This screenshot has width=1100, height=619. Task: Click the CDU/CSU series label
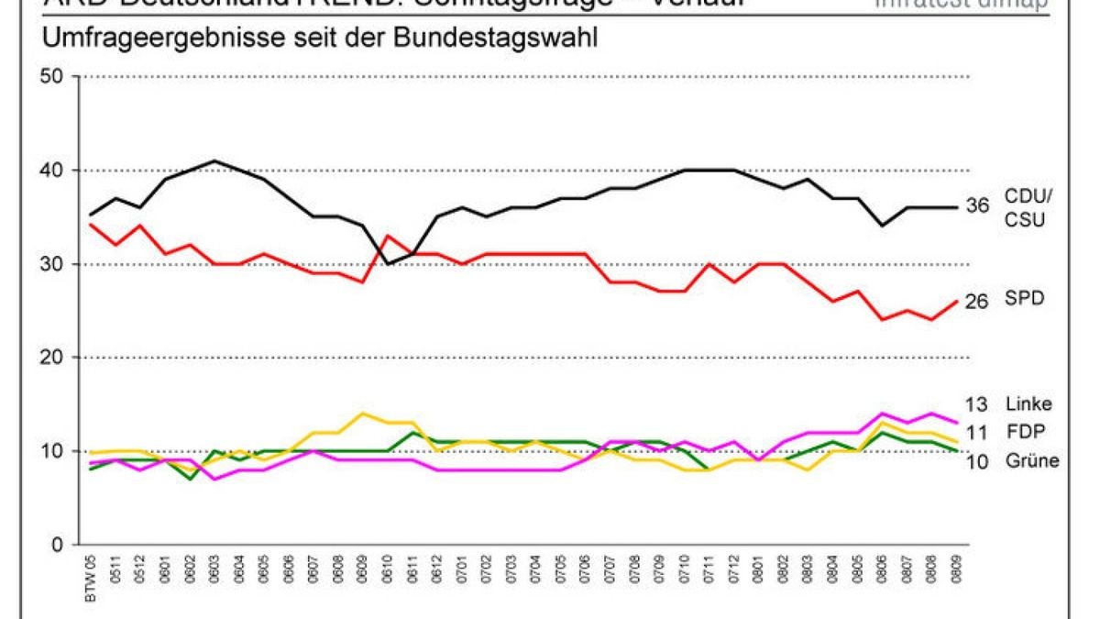click(x=1030, y=208)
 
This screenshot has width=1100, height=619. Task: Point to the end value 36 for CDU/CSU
click(x=977, y=206)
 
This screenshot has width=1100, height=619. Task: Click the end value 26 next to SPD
click(x=977, y=301)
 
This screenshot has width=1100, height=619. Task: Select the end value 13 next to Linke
click(x=977, y=404)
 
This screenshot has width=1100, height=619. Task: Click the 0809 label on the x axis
click(x=956, y=570)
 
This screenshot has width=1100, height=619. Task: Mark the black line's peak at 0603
click(x=214, y=160)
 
